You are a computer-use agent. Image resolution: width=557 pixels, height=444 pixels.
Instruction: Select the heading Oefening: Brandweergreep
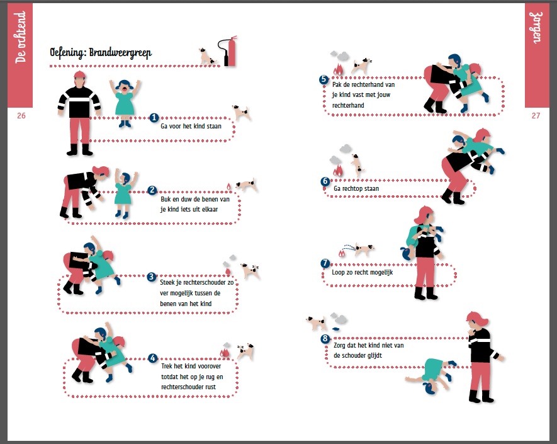click(101, 53)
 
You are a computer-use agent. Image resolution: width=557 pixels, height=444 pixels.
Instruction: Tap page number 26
click(21, 115)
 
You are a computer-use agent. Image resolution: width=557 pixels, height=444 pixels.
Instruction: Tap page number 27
click(536, 115)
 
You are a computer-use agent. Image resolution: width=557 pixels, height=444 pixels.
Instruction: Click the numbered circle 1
click(154, 118)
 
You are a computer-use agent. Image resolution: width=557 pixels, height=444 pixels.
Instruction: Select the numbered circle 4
click(153, 358)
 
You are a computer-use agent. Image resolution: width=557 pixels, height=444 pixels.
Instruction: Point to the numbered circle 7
click(325, 263)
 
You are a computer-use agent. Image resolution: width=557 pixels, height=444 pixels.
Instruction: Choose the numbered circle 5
click(324, 79)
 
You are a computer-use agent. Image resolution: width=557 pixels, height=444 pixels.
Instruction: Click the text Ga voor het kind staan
click(191, 126)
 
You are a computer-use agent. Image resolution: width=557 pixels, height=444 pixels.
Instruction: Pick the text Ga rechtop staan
click(356, 188)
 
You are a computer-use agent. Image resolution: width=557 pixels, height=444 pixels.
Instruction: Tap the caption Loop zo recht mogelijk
click(363, 272)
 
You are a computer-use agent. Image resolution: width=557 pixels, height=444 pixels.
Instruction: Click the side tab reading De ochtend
click(20, 37)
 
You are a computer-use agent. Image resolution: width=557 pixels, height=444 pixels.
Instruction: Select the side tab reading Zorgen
click(537, 28)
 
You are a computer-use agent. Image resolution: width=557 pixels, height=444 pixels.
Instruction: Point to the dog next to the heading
click(207, 57)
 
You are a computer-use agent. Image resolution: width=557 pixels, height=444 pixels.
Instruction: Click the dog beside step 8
click(316, 323)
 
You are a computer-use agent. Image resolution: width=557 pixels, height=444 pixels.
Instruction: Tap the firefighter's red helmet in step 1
click(80, 75)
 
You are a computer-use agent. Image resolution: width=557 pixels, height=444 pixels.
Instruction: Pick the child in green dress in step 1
click(125, 103)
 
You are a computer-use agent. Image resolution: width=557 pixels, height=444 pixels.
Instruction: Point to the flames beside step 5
click(338, 69)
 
